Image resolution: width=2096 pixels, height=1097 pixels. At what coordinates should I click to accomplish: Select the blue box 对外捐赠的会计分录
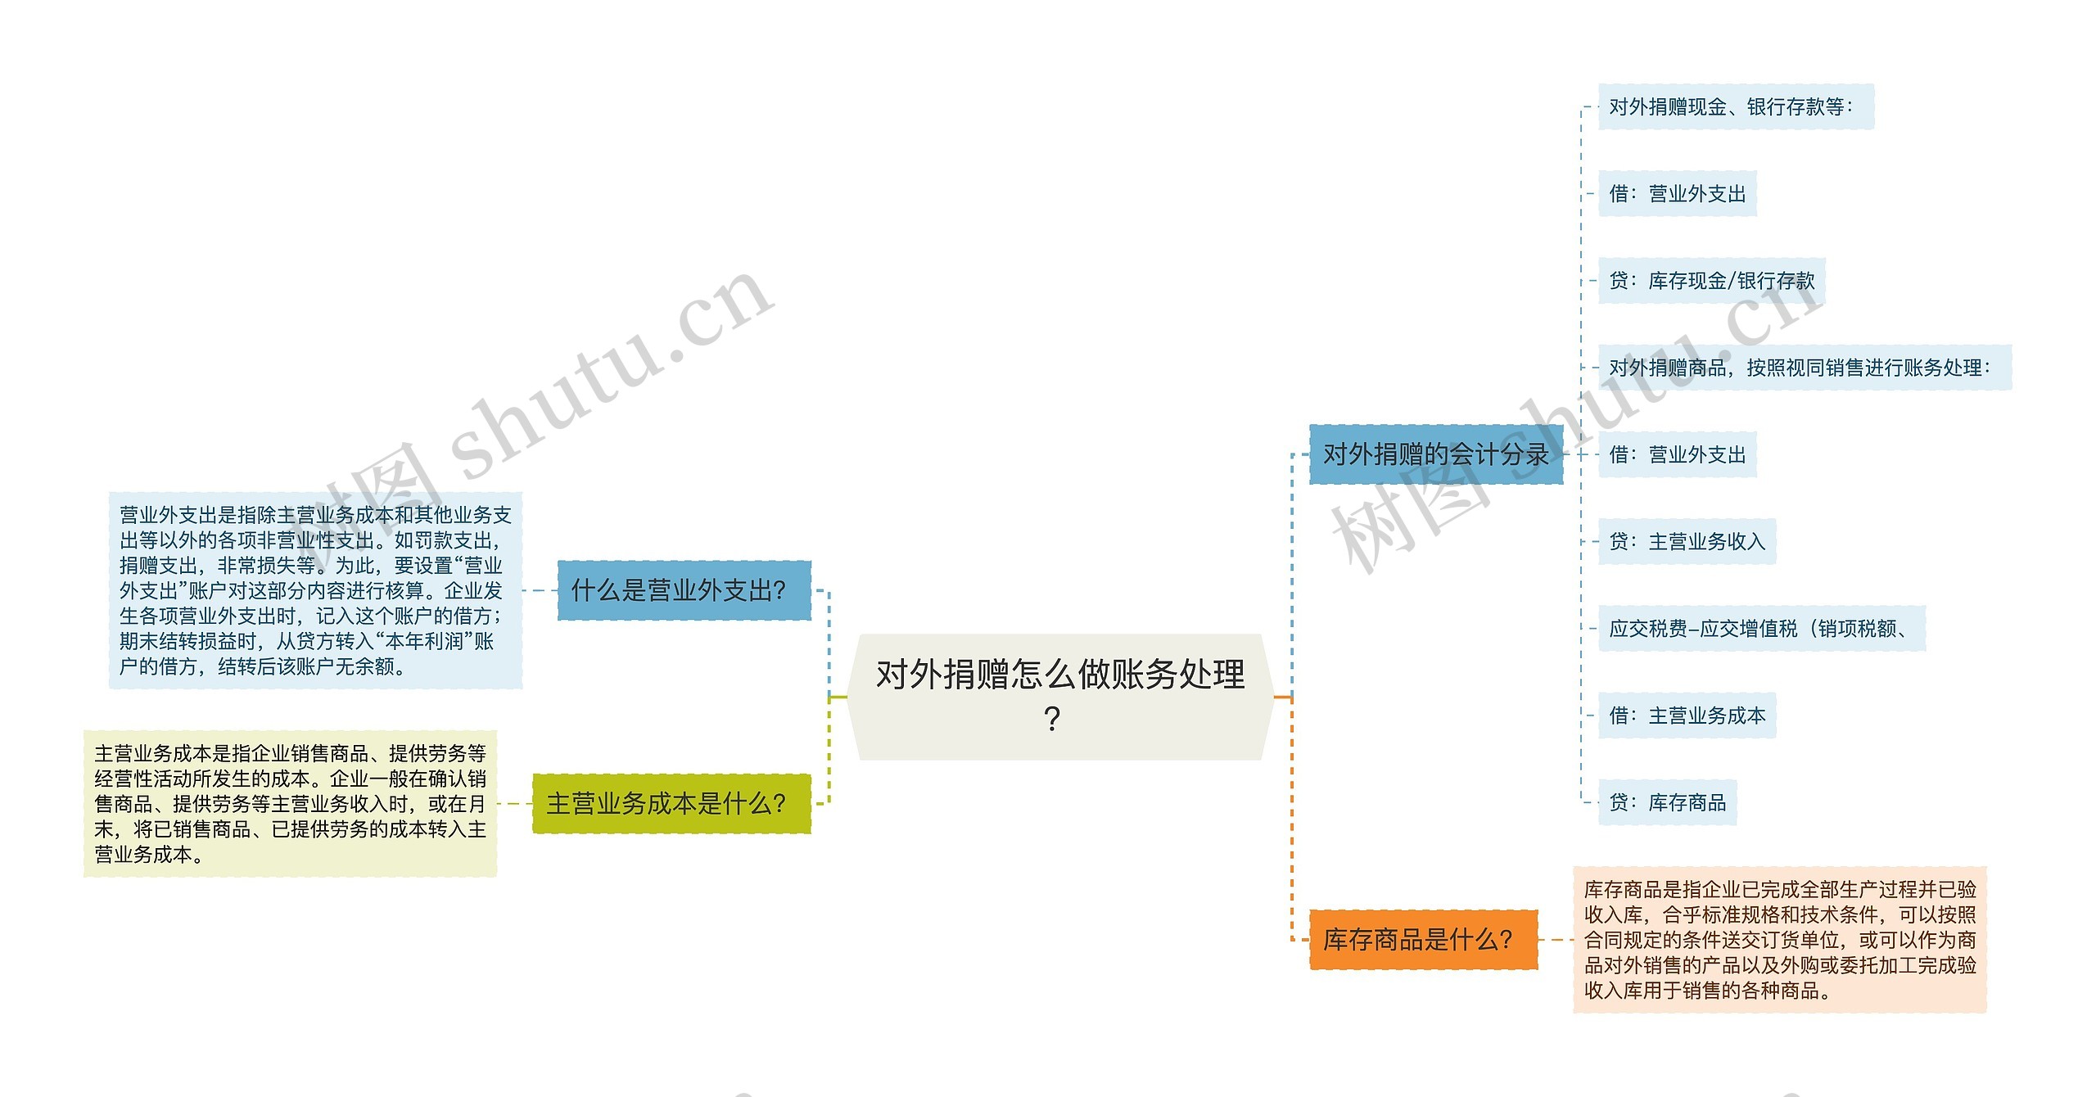[1435, 454]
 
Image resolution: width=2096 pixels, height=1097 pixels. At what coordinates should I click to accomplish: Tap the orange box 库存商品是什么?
[1423, 940]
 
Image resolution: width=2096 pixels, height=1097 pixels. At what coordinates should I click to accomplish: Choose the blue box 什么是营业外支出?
[684, 590]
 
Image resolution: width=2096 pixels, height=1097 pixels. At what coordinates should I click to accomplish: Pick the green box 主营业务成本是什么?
[671, 804]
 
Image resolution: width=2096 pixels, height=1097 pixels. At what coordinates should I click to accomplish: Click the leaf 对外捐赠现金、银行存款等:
[1735, 107]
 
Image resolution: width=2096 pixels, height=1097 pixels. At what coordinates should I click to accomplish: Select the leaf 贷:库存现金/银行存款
[1711, 281]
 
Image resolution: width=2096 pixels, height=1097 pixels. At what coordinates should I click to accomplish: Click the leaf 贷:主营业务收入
[1687, 541]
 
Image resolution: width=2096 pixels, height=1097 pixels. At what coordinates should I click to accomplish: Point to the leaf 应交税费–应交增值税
[1760, 629]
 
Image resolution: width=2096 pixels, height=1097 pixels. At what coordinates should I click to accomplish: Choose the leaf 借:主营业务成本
[1687, 716]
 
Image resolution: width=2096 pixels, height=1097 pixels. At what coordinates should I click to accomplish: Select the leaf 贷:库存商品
[1667, 802]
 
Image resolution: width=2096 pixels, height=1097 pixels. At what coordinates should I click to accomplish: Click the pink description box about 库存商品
[1779, 940]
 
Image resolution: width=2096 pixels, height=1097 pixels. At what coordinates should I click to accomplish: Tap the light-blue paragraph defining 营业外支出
[315, 590]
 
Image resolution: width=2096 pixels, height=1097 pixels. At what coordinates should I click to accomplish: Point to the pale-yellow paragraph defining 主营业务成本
[290, 804]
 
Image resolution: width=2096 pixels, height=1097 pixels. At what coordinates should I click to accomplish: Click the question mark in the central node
[1053, 720]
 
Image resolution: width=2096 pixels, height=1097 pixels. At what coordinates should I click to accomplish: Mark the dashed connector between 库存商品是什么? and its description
[1556, 940]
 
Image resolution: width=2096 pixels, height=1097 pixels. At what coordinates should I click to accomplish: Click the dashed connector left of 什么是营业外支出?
[540, 590]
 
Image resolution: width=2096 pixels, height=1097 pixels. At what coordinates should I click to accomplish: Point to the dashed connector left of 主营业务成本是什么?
[514, 804]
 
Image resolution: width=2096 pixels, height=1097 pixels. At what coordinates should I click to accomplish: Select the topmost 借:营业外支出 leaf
[1677, 194]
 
